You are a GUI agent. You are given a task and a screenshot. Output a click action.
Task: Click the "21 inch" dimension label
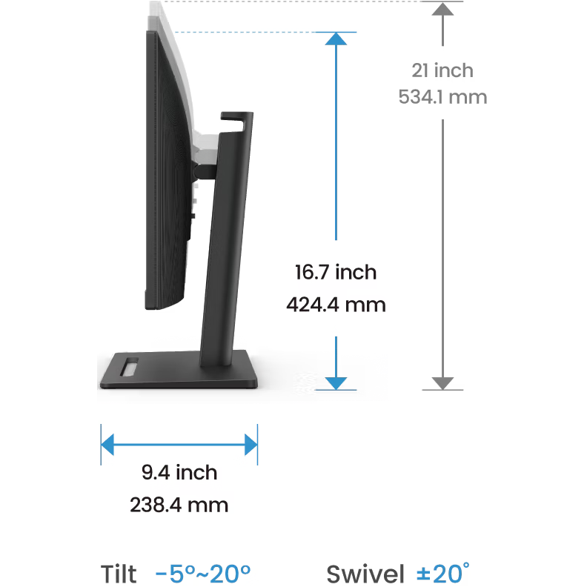tap(442, 70)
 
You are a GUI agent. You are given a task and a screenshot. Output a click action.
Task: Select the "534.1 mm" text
tap(442, 97)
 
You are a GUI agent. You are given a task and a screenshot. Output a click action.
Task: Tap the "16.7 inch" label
tap(336, 272)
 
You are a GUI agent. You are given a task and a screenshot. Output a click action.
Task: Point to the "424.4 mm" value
tap(336, 305)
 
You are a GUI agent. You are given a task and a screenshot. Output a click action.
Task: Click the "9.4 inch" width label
tap(179, 472)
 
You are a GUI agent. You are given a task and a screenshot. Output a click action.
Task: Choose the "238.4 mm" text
tap(179, 505)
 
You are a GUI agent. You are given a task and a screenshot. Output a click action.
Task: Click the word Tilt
tap(119, 574)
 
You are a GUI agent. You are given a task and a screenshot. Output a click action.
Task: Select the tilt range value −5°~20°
tap(203, 573)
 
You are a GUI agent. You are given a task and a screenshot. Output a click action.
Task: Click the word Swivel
tap(365, 574)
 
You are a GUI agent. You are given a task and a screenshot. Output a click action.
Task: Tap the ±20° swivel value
tap(443, 573)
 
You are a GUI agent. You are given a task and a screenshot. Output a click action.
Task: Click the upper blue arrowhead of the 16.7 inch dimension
tap(336, 39)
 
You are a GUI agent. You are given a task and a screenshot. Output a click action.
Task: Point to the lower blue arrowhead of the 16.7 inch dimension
tap(336, 383)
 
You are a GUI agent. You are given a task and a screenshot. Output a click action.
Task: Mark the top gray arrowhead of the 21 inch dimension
tap(442, 9)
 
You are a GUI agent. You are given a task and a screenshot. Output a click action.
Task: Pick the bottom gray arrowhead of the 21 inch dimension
tap(442, 383)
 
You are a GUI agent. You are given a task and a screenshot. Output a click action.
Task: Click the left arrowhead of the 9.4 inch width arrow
tap(107, 445)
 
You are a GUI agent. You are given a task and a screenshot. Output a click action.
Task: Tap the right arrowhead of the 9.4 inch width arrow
tap(251, 445)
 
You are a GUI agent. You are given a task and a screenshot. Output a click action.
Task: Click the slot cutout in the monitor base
tap(129, 367)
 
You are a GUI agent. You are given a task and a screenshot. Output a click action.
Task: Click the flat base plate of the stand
tap(179, 370)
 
